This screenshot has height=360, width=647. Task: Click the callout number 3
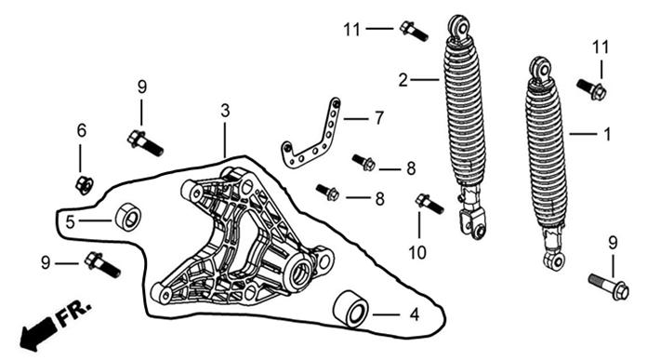click(225, 111)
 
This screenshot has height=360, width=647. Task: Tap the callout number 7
click(378, 118)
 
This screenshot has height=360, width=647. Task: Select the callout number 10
click(417, 253)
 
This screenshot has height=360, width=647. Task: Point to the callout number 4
click(415, 314)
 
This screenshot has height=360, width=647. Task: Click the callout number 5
click(70, 222)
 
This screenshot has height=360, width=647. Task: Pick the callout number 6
click(82, 131)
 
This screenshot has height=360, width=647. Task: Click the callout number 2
click(403, 80)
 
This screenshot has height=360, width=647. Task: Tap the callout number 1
click(607, 134)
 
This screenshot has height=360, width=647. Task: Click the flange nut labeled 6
click(85, 185)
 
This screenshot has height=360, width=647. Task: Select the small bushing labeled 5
click(128, 217)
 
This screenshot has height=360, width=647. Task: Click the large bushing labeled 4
click(350, 310)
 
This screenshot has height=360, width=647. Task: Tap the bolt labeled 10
click(429, 204)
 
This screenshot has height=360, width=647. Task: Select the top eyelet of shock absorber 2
click(458, 26)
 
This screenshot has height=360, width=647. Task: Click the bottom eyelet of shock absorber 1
click(555, 260)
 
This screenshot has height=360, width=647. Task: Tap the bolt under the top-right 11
click(592, 89)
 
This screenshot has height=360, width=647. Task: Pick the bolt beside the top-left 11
click(414, 31)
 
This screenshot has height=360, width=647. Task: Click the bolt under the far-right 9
click(609, 287)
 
